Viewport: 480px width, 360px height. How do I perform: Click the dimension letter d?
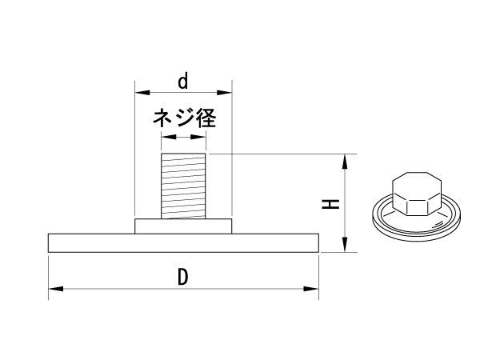tap(182, 81)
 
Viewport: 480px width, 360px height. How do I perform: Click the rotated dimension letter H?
tap(330, 203)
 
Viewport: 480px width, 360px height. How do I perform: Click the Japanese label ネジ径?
tap(185, 118)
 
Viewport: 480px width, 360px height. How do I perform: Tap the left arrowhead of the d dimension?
tap(142, 93)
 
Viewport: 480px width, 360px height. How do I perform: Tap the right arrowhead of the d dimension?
tap(224, 93)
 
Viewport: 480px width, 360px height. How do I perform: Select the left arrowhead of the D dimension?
tap(56, 289)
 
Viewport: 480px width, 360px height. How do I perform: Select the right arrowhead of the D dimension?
tap(311, 289)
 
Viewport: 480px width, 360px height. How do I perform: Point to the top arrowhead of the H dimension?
tap(345, 162)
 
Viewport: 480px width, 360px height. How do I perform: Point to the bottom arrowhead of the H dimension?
tap(345, 245)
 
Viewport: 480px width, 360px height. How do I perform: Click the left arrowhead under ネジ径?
tap(169, 137)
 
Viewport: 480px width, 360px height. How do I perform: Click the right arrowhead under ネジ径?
tap(198, 137)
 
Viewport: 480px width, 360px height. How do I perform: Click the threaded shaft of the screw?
tap(183, 186)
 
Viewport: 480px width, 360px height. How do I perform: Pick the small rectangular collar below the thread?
tap(183, 226)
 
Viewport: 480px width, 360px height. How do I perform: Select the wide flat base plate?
tap(183, 243)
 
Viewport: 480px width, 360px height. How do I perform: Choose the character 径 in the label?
tap(206, 118)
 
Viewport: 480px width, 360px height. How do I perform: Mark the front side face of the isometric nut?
tap(417, 209)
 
